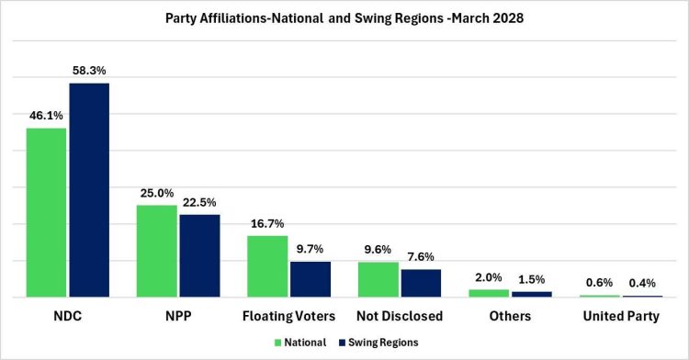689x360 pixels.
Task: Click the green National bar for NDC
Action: [46, 212]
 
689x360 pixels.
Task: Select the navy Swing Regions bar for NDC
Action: [89, 190]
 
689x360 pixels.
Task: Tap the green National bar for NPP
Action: [157, 251]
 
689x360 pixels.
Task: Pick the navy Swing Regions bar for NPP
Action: [199, 255]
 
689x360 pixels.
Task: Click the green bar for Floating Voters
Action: [267, 266]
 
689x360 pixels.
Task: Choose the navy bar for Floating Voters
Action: [311, 279]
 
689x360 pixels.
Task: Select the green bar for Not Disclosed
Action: [378, 279]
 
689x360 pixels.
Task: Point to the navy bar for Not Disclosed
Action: [421, 283]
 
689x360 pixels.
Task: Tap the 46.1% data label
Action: [45, 115]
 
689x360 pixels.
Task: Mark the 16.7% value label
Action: [267, 223]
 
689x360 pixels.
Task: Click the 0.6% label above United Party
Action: [599, 283]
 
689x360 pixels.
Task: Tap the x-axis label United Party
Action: [620, 316]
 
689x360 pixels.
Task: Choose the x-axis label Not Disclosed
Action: [400, 316]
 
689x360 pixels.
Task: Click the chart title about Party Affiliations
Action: [344, 17]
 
